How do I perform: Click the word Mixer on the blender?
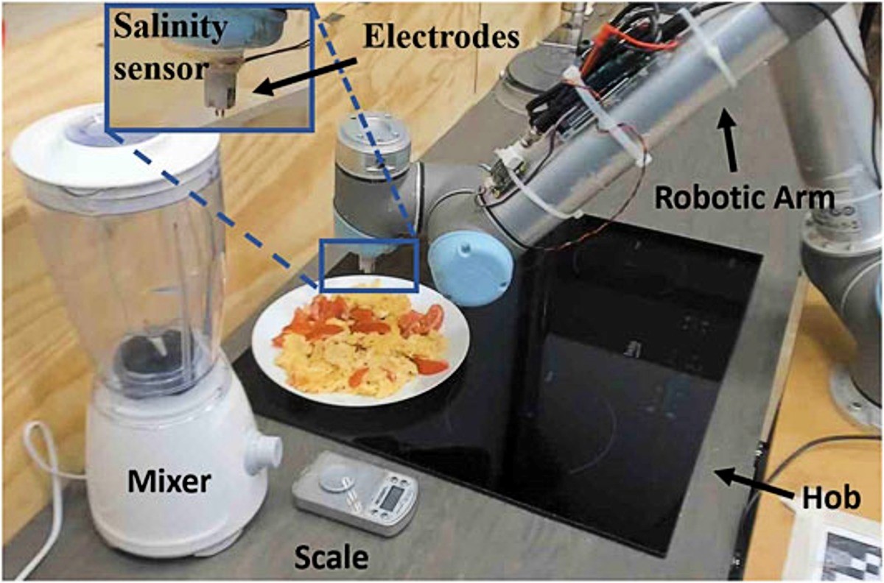click(x=169, y=481)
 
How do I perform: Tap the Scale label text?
click(x=331, y=558)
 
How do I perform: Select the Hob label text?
click(x=832, y=498)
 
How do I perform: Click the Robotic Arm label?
click(x=745, y=197)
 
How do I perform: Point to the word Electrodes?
click(x=441, y=38)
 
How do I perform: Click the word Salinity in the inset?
click(x=170, y=27)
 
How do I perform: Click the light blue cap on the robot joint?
click(x=471, y=268)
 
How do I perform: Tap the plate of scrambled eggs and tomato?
click(x=361, y=340)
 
